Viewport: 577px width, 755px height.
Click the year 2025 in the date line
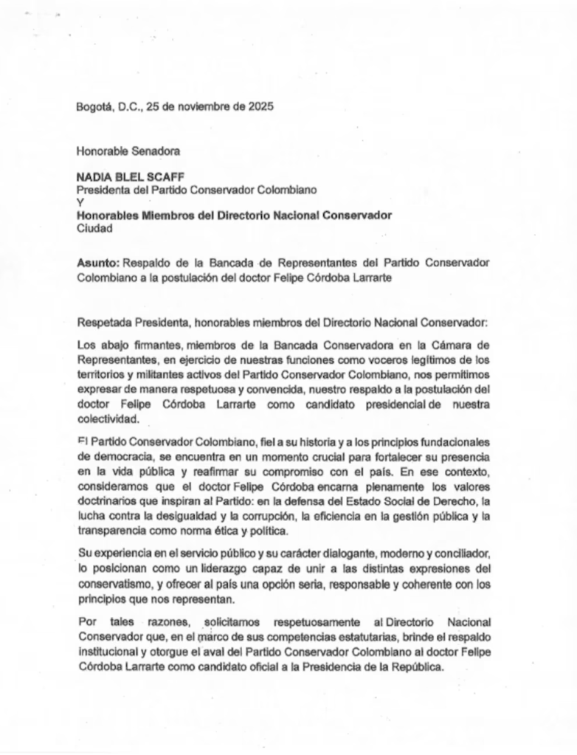coord(259,106)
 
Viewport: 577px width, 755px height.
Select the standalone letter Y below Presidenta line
coord(80,202)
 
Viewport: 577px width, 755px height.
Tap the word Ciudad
coord(94,228)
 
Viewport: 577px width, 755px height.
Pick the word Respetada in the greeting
coord(103,322)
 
